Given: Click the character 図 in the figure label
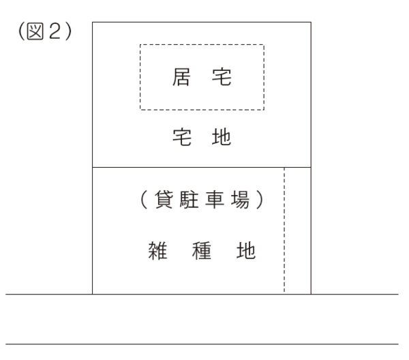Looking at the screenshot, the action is tap(35, 31).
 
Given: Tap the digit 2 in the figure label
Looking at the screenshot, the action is tap(55, 31).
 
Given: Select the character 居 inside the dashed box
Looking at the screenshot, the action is tap(181, 77).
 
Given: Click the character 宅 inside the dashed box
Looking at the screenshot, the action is tap(222, 77).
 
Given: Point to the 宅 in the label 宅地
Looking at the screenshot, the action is tap(182, 137).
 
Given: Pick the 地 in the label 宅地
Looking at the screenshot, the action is tap(221, 137).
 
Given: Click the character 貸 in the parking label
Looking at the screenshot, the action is tap(164, 200).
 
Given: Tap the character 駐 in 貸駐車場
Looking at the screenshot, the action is tap(190, 200).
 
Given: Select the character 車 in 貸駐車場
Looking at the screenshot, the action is tap(215, 200).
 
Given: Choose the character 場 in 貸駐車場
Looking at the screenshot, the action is tap(240, 200).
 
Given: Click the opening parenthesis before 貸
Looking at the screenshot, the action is tap(144, 200).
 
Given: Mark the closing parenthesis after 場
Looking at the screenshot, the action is tap(260, 200).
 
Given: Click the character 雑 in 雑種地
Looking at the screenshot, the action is tap(157, 250).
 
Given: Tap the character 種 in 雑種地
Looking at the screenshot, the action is tap(202, 250).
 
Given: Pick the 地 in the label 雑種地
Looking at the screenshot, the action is tap(246, 250).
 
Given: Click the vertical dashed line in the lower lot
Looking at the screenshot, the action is tap(284, 230).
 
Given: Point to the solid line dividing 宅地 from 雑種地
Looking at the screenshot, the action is tap(202, 167).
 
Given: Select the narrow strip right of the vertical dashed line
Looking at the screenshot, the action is tap(298, 231).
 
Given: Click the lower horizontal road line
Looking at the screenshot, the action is tap(202, 344).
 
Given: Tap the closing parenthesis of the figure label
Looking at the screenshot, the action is tap(68, 31).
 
